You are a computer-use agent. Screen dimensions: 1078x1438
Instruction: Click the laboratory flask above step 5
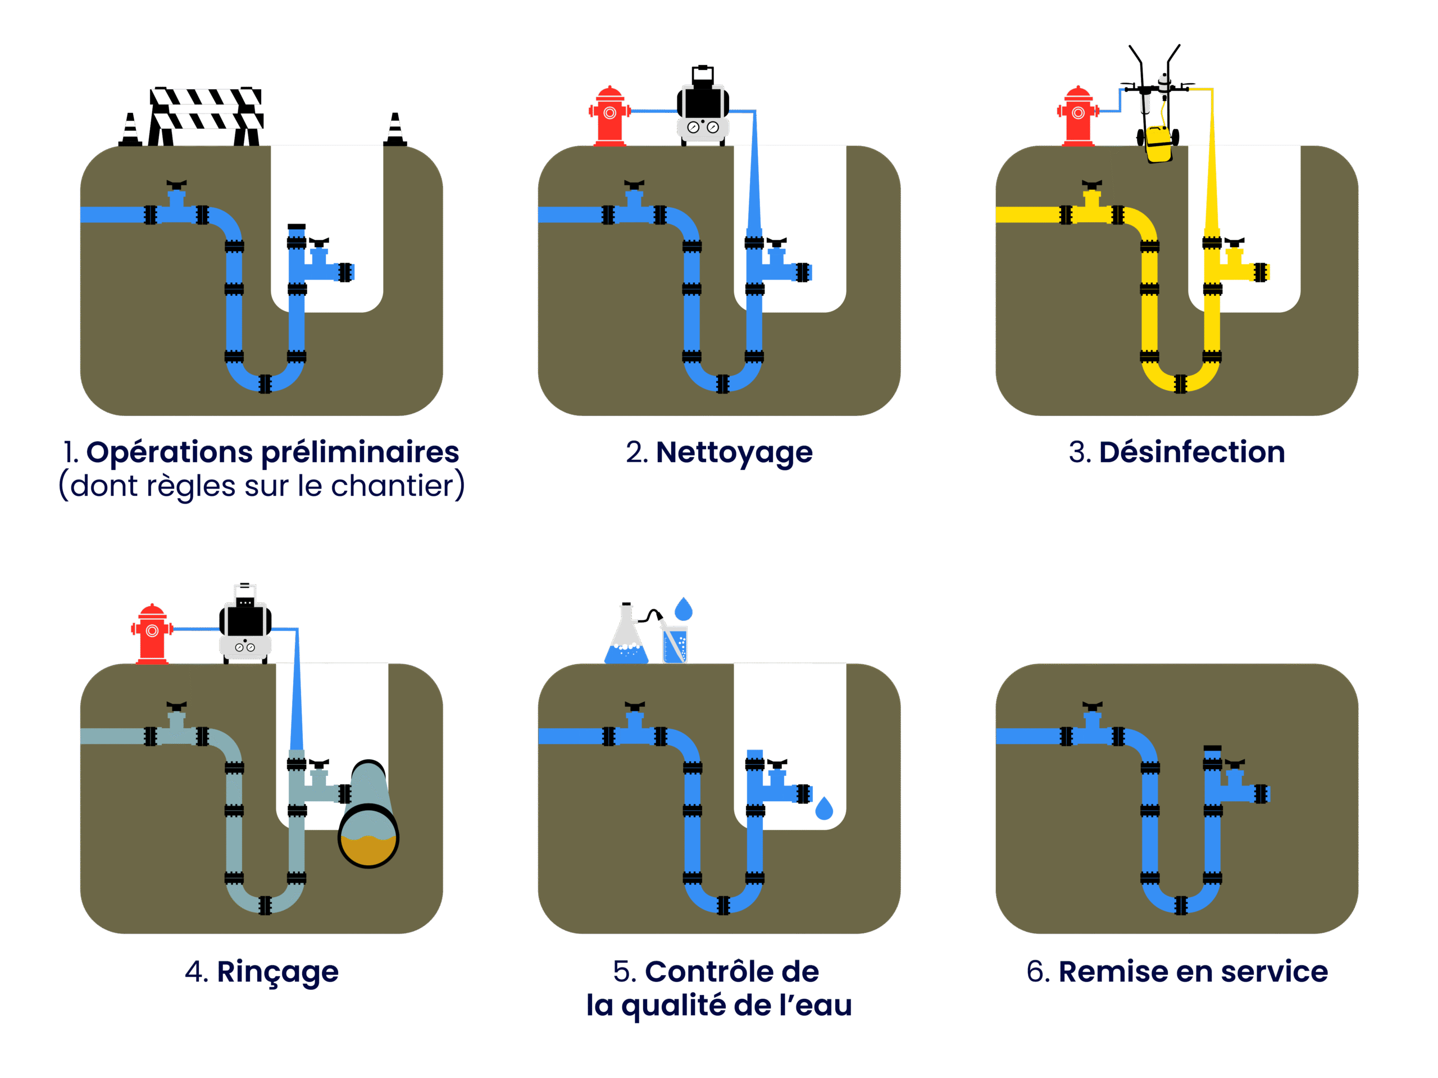(626, 637)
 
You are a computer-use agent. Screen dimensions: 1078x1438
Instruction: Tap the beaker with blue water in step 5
(675, 644)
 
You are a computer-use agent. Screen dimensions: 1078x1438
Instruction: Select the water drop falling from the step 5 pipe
(823, 809)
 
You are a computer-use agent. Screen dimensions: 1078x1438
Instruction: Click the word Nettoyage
(734, 453)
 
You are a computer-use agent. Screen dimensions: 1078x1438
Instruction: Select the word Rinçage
(277, 973)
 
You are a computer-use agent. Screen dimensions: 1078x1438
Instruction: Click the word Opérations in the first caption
(170, 453)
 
